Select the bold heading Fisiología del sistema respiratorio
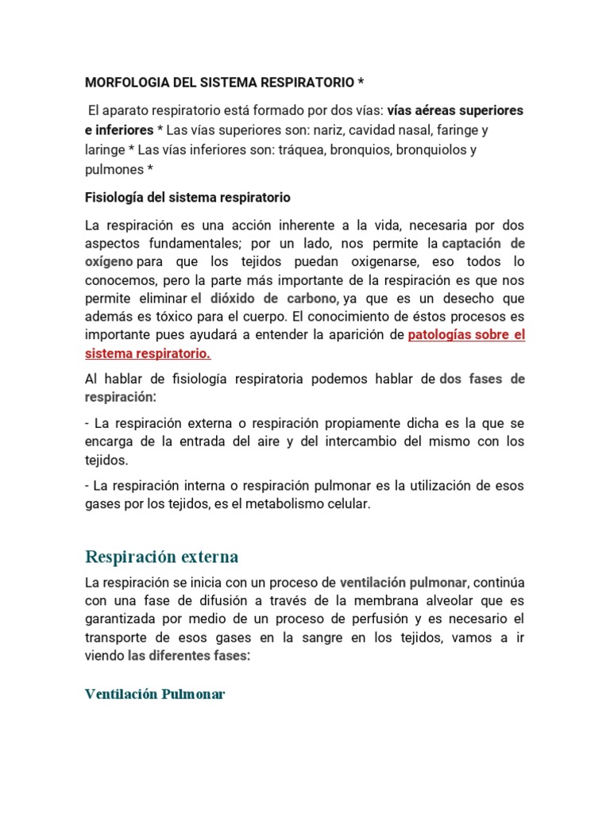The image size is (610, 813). coord(187,197)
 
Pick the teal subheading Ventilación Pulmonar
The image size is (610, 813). coord(155,694)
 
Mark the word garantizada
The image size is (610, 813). coord(119,618)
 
